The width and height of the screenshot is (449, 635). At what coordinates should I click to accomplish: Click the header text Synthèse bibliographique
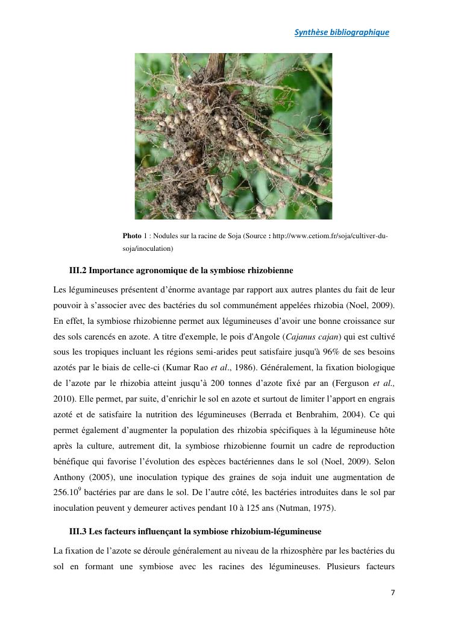pyautogui.click(x=341, y=33)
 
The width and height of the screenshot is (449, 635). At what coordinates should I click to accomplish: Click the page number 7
pyautogui.click(x=393, y=592)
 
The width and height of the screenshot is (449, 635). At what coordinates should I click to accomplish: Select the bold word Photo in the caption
pyautogui.click(x=131, y=235)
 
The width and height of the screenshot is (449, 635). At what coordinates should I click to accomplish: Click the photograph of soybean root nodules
pyautogui.click(x=233, y=136)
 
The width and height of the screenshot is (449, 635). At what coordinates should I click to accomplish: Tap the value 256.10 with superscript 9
pyautogui.click(x=65, y=493)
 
